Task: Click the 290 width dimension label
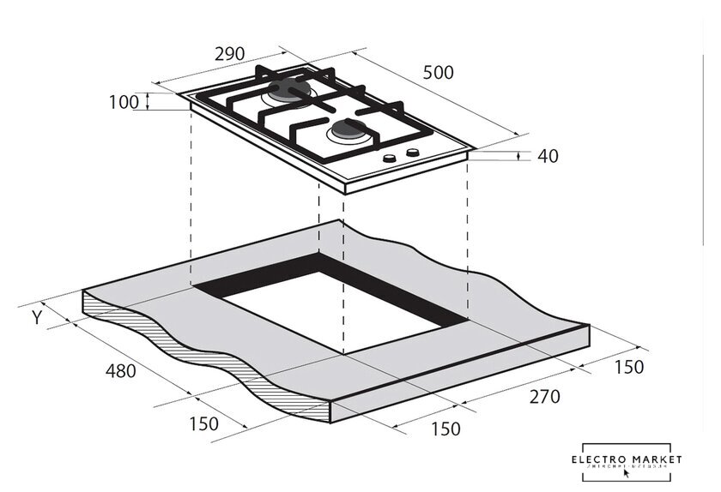[x=229, y=53]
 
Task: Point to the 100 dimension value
[x=124, y=103]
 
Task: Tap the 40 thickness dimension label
[x=547, y=156]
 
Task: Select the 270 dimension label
[x=543, y=396]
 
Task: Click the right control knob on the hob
[x=413, y=153]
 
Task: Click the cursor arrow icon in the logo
[x=638, y=472]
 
